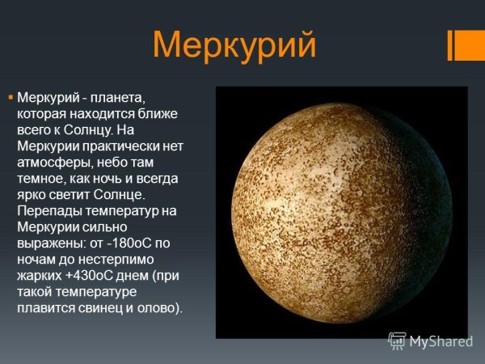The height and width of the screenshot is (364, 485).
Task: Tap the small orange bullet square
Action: coord(11,96)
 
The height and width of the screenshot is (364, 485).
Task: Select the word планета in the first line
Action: coord(121,97)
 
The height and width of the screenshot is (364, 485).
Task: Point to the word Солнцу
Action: coord(95,129)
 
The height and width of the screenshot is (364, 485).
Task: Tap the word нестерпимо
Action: coord(138,259)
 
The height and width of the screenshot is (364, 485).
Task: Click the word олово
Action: coord(162,308)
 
